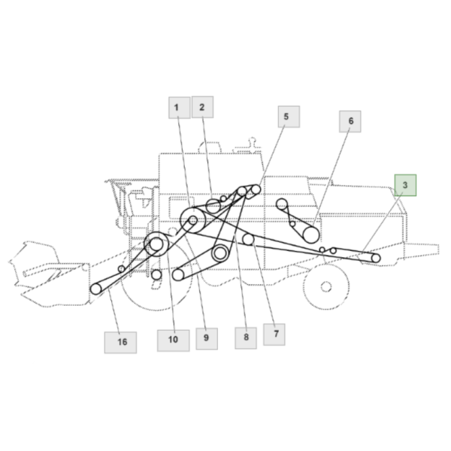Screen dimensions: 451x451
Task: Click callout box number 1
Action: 179,107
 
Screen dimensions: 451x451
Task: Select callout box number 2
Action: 202,107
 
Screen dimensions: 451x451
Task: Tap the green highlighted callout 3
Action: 405,185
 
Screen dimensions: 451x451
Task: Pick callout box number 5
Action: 289,117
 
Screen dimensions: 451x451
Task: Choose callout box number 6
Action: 350,121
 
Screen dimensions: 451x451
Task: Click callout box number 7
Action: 274,334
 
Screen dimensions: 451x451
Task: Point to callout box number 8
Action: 246,338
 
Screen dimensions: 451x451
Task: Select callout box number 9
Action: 207,338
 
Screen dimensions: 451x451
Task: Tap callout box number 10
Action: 173,341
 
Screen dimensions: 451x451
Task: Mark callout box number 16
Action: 120,342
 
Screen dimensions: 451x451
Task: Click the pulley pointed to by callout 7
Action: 248,239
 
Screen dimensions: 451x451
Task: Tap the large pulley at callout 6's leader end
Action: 310,235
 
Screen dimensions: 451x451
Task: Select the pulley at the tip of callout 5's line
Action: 256,189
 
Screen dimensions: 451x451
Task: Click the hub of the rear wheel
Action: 326,287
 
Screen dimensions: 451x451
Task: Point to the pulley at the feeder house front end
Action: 96,289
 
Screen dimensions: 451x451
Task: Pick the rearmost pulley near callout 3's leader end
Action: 376,259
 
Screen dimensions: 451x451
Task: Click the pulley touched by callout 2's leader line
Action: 213,206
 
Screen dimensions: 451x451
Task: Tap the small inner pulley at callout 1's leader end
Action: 193,220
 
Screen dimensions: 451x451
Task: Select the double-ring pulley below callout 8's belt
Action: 220,253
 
